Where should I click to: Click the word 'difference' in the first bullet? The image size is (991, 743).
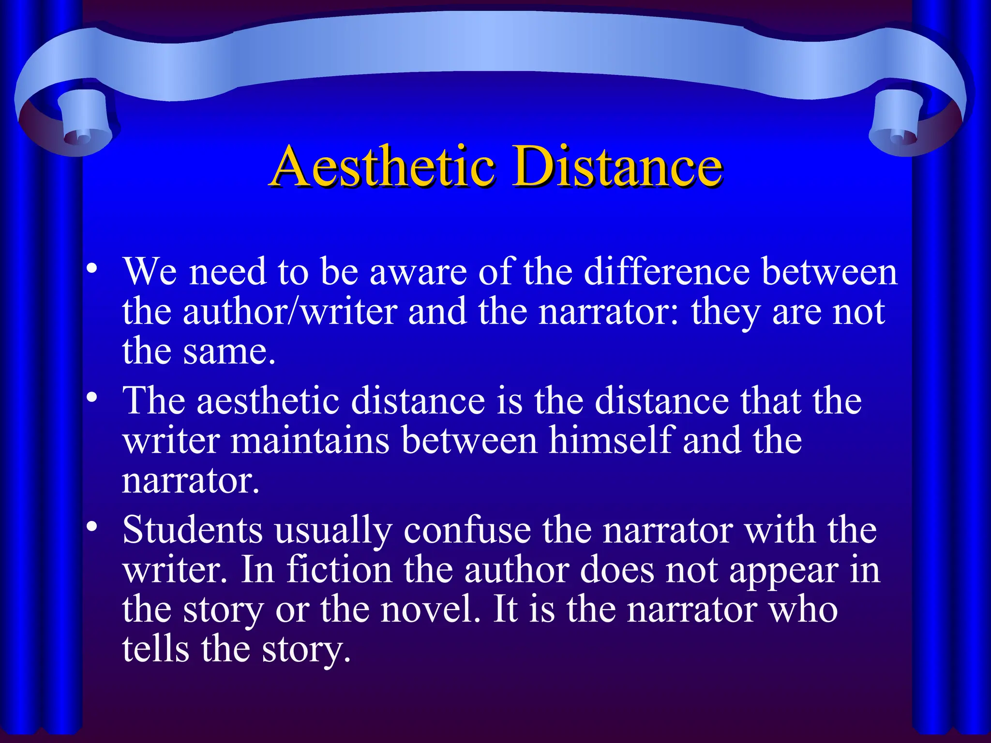667,271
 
